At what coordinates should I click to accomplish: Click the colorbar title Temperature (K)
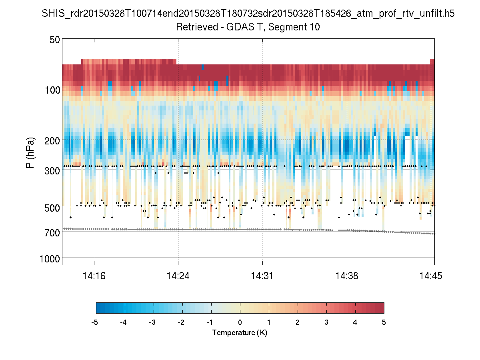pos(240,332)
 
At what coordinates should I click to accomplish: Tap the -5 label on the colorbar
pos(95,322)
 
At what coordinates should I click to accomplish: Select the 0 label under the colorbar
pos(240,322)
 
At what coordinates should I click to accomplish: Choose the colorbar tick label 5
pos(384,322)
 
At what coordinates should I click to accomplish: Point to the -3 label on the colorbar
pos(152,322)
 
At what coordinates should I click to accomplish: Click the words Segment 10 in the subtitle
pos(296,27)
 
